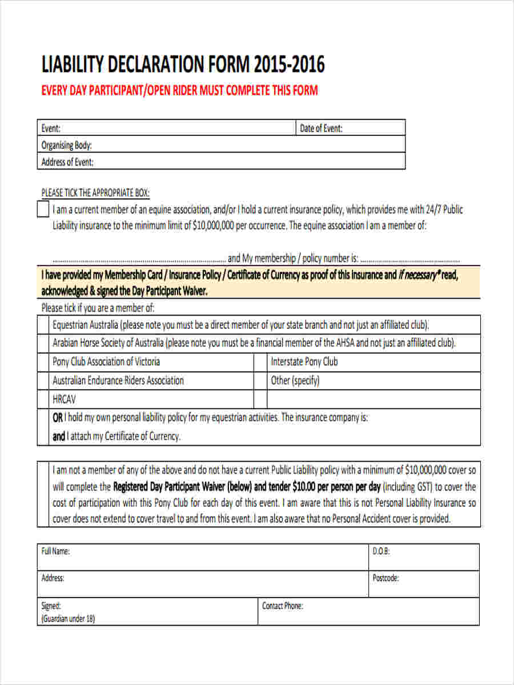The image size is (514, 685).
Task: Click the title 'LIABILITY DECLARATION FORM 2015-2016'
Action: [x=183, y=65]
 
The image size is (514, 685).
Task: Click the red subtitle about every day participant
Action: [x=179, y=91]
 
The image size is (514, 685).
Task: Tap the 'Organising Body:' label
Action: [x=66, y=145]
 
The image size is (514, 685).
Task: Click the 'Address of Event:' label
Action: [x=67, y=162]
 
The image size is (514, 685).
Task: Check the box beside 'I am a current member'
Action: [x=43, y=209]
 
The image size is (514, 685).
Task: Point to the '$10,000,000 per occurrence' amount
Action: [x=240, y=225]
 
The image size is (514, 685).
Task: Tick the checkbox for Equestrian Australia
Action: [x=43, y=325]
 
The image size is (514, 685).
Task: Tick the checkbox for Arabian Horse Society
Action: [x=43, y=344]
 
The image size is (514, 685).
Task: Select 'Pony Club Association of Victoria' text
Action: [x=106, y=362]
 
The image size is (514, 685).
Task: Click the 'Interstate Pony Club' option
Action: [x=304, y=362]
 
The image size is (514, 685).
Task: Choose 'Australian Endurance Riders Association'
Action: [x=118, y=380]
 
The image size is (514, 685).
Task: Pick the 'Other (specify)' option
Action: [x=295, y=380]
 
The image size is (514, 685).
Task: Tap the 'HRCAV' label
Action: [x=64, y=399]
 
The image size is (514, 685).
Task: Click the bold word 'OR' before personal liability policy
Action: [x=58, y=418]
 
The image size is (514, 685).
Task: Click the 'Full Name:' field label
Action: [x=55, y=551]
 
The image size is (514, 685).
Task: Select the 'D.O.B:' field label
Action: [x=381, y=551]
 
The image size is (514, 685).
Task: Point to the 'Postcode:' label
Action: [x=385, y=578]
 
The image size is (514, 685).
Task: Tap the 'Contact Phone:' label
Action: [x=282, y=606]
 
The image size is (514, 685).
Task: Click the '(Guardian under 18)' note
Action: [x=68, y=619]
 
